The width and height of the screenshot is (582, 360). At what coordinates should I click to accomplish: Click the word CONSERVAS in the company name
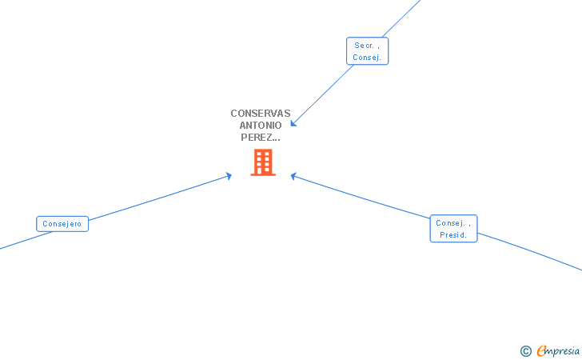click(x=261, y=114)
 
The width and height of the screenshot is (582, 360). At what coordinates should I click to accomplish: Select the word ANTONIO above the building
click(x=261, y=126)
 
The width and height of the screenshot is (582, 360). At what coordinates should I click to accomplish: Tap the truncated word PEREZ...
click(x=261, y=138)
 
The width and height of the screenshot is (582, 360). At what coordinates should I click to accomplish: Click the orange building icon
click(x=262, y=162)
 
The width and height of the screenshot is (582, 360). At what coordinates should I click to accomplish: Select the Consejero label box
click(x=62, y=224)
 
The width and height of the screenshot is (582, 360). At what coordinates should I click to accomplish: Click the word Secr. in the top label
click(x=367, y=46)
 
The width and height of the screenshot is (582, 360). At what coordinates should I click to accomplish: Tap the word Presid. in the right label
click(x=453, y=235)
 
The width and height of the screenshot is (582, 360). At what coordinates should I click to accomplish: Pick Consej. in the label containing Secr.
click(x=367, y=58)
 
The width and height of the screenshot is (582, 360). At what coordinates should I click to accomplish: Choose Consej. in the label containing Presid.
click(x=453, y=223)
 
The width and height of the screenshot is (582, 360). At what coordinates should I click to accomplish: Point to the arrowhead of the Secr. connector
click(x=293, y=123)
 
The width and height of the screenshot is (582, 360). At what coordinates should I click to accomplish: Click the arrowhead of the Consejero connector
click(x=229, y=175)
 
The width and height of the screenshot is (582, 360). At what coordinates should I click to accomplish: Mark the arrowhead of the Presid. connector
click(x=293, y=175)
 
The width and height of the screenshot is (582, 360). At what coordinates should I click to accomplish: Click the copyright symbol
click(x=525, y=350)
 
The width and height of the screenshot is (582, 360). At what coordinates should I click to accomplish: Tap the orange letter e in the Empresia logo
click(x=541, y=351)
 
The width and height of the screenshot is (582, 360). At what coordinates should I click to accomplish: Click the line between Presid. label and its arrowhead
click(x=360, y=196)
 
